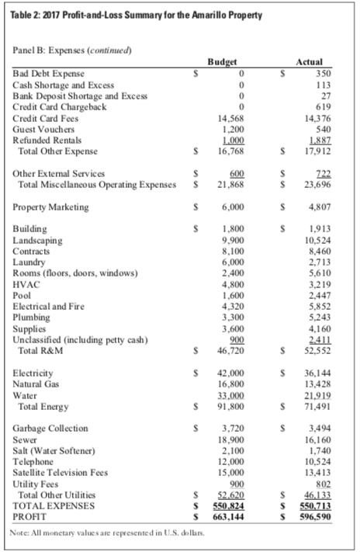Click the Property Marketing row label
point(50,208)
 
